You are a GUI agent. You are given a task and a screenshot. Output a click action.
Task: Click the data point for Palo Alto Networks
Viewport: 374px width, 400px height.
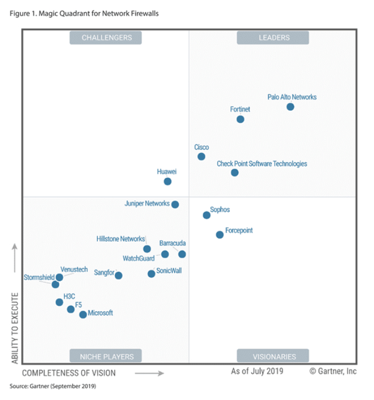click(290, 106)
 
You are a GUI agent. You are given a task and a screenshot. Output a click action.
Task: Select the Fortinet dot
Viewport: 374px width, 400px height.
click(240, 119)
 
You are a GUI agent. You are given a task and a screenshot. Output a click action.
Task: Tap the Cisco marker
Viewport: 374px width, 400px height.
click(201, 156)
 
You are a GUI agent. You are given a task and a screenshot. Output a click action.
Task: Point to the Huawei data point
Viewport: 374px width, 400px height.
click(167, 181)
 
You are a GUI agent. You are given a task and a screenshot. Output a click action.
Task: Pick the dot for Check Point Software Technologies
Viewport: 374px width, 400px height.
click(235, 173)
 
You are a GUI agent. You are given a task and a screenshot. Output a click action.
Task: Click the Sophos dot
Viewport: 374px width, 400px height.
click(207, 215)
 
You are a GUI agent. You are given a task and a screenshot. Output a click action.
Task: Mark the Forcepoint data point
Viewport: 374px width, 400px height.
click(220, 235)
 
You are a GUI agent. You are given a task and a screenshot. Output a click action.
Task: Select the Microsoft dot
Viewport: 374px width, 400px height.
click(83, 314)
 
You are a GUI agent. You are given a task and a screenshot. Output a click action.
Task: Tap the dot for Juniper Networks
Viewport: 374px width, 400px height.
click(175, 204)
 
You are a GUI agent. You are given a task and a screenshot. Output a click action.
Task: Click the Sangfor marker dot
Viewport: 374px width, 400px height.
click(119, 275)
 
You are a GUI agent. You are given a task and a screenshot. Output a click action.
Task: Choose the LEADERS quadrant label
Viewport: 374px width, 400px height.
click(274, 38)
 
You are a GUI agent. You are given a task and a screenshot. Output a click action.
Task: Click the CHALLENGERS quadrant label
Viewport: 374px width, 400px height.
click(107, 38)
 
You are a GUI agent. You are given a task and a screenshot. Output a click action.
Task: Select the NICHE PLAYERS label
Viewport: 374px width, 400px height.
click(107, 357)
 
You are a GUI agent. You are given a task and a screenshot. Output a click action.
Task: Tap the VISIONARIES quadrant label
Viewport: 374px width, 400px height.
click(274, 357)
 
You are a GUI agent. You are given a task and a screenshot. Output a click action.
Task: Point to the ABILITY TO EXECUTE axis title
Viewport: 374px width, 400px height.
click(15, 328)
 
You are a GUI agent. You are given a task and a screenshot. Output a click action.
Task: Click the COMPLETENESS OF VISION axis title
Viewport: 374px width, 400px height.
click(69, 373)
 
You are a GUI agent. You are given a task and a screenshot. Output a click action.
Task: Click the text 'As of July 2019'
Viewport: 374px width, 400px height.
click(257, 371)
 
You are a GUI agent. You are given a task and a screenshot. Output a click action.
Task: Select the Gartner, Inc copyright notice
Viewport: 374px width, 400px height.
click(333, 372)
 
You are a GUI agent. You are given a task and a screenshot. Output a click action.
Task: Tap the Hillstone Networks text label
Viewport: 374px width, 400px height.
click(121, 239)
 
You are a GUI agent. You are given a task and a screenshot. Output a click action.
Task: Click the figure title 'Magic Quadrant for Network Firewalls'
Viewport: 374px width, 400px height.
click(98, 13)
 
